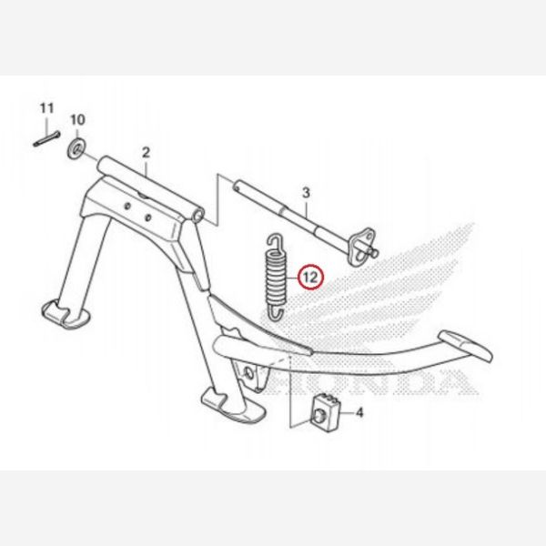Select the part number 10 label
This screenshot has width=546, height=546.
coord(77,119)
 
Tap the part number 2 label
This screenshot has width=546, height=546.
coord(145,152)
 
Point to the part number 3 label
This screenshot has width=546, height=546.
coord(306,193)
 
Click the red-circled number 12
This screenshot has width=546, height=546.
coord(310,274)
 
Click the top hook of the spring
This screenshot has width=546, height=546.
coord(271,241)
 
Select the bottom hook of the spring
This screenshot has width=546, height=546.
coord(273,313)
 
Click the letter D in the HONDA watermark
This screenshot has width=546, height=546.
coord(423,383)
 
